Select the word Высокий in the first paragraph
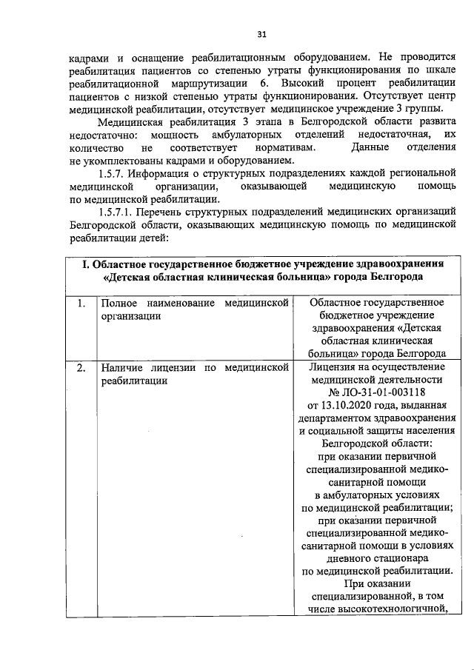(x=304, y=84)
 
